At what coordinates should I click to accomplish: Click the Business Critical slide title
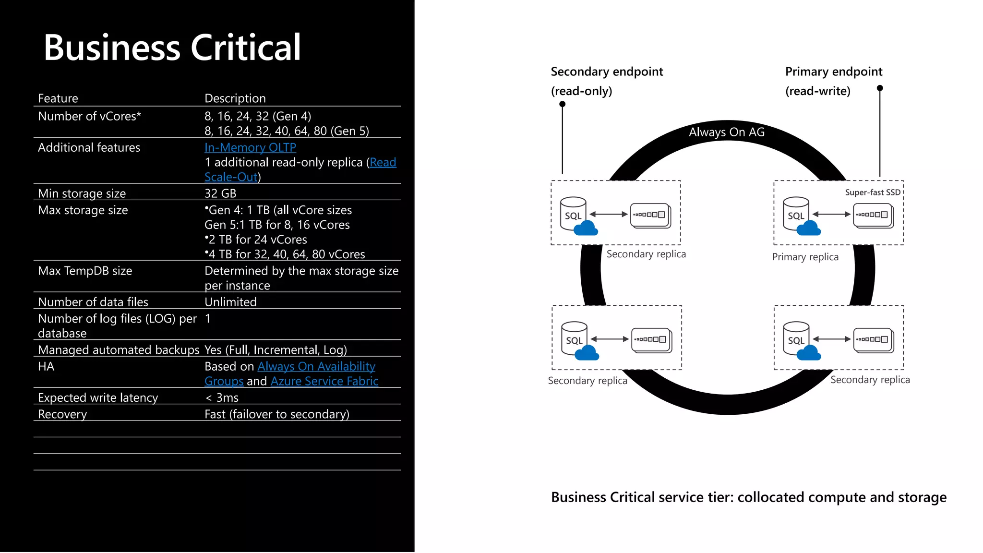click(172, 48)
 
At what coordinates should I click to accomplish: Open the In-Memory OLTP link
click(250, 147)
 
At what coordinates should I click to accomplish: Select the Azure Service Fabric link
click(324, 381)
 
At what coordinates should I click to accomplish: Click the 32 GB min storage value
click(220, 193)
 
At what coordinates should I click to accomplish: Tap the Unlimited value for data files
click(230, 302)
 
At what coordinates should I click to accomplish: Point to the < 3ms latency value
click(222, 397)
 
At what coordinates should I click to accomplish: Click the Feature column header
click(58, 98)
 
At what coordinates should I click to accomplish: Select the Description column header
click(235, 98)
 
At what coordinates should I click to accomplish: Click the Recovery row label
click(62, 414)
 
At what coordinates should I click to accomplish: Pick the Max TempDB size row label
click(85, 271)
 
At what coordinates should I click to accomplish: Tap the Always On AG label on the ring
click(726, 132)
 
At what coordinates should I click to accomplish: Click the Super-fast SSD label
click(873, 192)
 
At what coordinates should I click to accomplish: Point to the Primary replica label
click(805, 257)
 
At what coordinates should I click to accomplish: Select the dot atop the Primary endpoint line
click(880, 88)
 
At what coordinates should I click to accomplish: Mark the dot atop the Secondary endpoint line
click(563, 104)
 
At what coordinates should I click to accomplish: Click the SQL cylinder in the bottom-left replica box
click(574, 337)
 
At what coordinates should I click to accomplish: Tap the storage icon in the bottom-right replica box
click(873, 340)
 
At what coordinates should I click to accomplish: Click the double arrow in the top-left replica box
click(609, 214)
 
